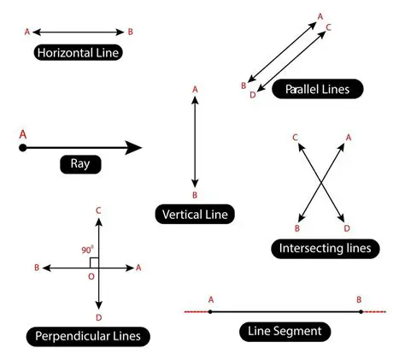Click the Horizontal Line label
(77, 53)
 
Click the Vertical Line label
(196, 215)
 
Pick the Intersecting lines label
(325, 249)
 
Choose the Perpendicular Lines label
(88, 336)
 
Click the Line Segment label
(285, 331)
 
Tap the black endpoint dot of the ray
(23, 148)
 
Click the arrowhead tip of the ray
(141, 148)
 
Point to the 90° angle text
(87, 250)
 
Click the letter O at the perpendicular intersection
(91, 277)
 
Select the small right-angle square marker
(95, 262)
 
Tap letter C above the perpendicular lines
(100, 210)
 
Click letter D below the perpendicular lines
(100, 318)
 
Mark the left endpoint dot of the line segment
(210, 311)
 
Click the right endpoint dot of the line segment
(361, 311)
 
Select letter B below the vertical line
(196, 195)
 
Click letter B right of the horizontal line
(130, 31)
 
